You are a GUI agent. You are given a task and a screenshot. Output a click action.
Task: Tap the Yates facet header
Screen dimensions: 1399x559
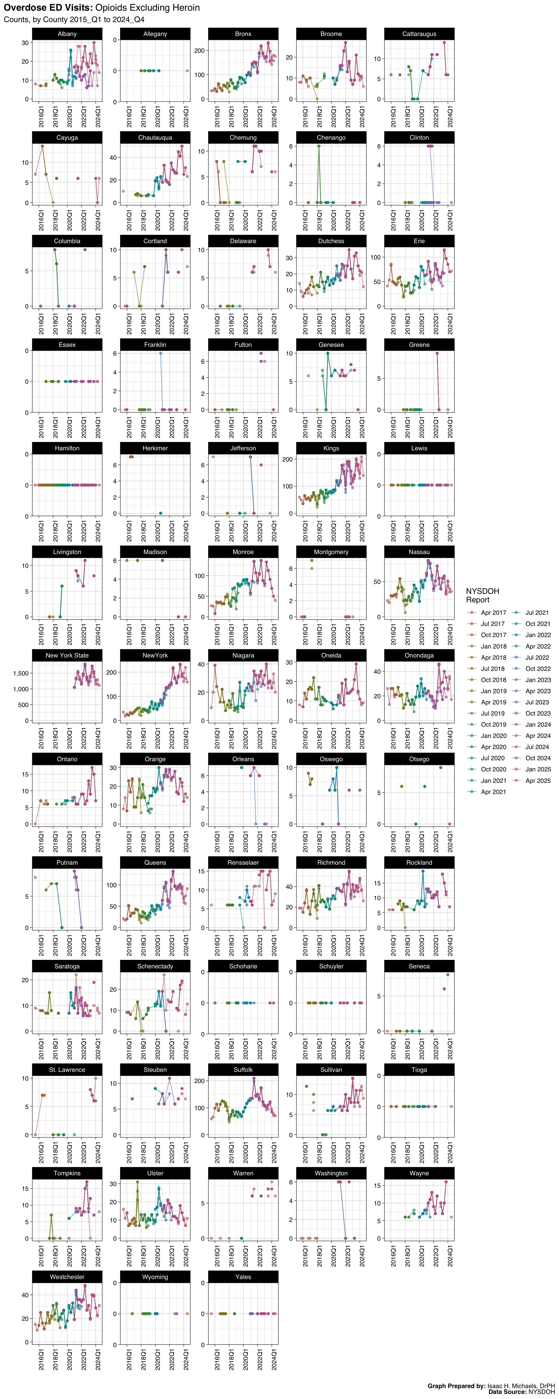243,1277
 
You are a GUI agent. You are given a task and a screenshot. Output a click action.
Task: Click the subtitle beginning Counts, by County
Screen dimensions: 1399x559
74,19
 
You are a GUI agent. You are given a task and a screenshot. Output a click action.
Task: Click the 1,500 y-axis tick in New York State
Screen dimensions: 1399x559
21,674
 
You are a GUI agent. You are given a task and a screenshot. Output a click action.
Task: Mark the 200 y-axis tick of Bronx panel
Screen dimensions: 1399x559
200,51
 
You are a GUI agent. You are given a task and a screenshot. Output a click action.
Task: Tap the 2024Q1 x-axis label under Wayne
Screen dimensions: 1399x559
451,1256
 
